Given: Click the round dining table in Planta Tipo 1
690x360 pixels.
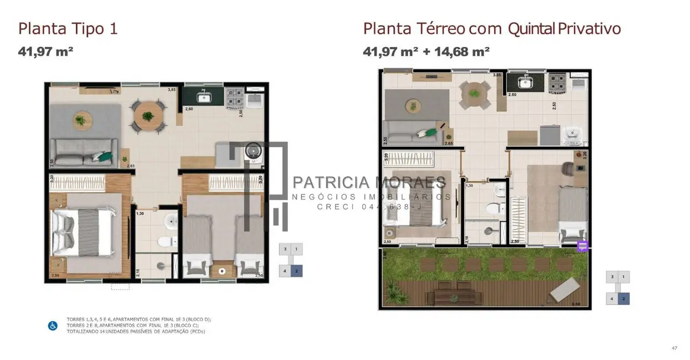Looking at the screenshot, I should click(x=147, y=116).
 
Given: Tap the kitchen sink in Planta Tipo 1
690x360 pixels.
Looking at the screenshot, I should click(x=203, y=98).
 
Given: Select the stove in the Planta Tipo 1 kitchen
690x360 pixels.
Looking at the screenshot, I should click(x=235, y=98).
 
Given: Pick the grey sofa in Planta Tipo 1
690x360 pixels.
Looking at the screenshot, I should click(x=83, y=153).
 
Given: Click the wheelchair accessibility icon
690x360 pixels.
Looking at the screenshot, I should click(x=53, y=326).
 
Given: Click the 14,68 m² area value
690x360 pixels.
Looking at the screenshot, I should click(x=462, y=52).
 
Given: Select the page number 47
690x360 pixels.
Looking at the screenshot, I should click(x=674, y=348).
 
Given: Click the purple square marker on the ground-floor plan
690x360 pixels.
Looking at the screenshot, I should click(x=582, y=246).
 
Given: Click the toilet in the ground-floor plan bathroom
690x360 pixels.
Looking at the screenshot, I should click(x=492, y=208).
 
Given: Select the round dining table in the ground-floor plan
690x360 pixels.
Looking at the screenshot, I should click(x=474, y=92).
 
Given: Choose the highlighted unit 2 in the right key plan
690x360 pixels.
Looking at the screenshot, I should click(x=624, y=299).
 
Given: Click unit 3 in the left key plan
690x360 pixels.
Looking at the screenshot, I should click(x=285, y=249).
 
